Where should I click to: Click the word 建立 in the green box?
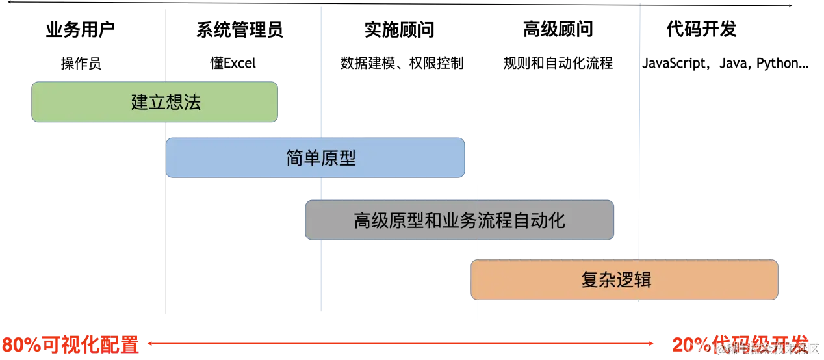pyautogui.click(x=148, y=102)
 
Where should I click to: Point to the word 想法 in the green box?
pyautogui.click(x=183, y=102)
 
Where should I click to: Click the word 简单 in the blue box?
pyautogui.click(x=303, y=158)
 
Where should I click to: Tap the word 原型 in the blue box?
pyautogui.click(x=339, y=158)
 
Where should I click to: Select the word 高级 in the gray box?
pyautogui.click(x=371, y=221)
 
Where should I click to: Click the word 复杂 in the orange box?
pyautogui.click(x=599, y=280)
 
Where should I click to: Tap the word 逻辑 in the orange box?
pyautogui.click(x=634, y=280)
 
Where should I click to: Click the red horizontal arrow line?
pyautogui.click(x=400, y=343)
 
